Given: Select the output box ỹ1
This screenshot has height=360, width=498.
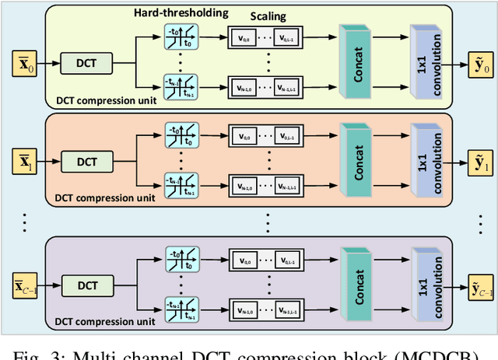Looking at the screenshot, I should (474, 162).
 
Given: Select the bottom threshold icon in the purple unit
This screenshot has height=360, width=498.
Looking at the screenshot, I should (180, 307).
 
